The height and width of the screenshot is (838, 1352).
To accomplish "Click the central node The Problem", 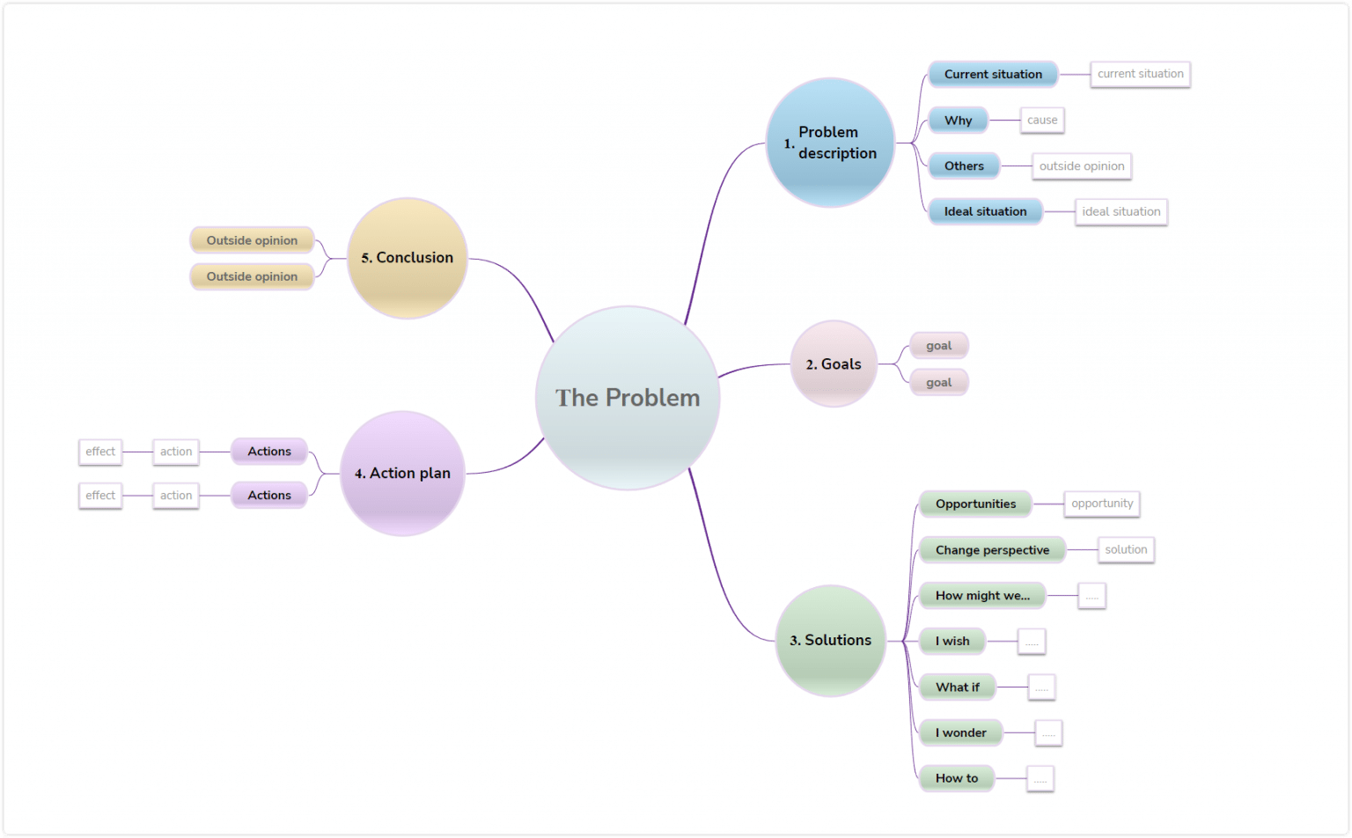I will click(x=628, y=398).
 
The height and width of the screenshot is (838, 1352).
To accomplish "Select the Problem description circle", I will click(x=830, y=143).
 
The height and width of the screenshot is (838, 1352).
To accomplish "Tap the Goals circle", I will click(x=834, y=364).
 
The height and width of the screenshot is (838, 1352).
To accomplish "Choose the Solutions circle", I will click(x=830, y=640).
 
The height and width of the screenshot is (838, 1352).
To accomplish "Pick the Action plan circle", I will click(x=402, y=473).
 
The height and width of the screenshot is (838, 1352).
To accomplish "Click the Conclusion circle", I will click(x=408, y=257).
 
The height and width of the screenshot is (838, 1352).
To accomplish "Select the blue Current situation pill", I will click(x=993, y=74).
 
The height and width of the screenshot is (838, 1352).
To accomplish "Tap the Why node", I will click(x=958, y=120).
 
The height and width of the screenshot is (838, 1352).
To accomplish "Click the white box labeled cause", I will click(x=1042, y=120).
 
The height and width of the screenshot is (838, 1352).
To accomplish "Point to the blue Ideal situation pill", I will click(x=985, y=211).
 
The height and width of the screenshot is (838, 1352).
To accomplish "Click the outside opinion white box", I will click(x=1082, y=165).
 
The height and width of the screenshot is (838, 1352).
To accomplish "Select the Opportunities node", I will click(x=975, y=504).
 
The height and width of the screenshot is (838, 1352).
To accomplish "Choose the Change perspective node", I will click(x=992, y=549).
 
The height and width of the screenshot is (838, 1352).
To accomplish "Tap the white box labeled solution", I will click(x=1126, y=549).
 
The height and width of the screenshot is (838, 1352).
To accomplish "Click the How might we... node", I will click(x=982, y=595).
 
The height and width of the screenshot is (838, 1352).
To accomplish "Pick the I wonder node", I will click(x=960, y=732).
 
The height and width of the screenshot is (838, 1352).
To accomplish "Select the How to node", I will click(x=957, y=778).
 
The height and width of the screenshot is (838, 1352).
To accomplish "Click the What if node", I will click(x=957, y=687).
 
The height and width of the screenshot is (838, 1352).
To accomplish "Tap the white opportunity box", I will click(x=1102, y=504).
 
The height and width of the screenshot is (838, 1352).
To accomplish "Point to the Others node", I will click(x=964, y=165).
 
